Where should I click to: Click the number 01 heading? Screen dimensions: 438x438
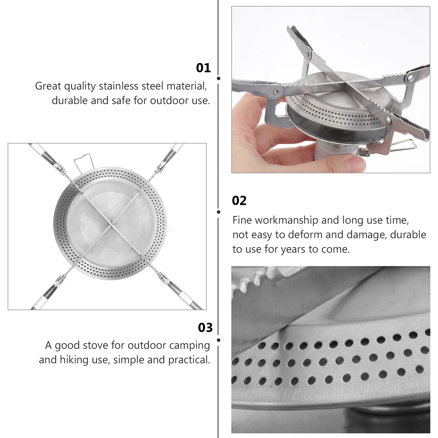point(203,68)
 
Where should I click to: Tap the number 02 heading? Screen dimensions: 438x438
point(239,201)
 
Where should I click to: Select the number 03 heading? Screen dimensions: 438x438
point(205,327)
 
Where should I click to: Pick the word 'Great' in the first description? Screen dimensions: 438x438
point(48,86)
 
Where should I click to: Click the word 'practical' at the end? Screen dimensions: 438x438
point(189,360)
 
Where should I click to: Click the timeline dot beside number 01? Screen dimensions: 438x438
point(218,78)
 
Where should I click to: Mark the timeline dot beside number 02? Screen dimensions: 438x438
point(218,212)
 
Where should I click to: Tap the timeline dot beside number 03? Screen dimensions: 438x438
point(218,340)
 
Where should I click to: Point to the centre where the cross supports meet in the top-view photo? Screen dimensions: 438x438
point(110,226)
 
